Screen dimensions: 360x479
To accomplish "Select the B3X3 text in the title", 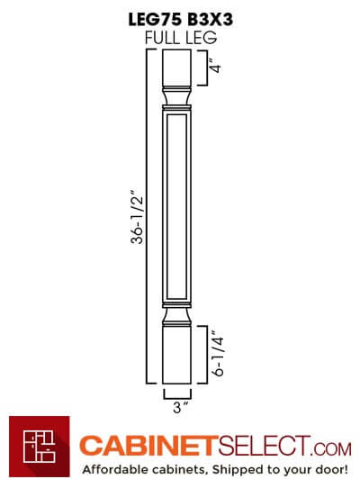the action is click(x=211, y=20).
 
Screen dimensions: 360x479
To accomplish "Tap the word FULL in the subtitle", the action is click(x=162, y=38).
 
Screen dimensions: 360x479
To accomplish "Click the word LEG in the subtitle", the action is click(x=202, y=38).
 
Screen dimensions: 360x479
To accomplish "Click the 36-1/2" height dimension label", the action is click(x=137, y=217).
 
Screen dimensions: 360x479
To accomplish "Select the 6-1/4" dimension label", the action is click(x=219, y=353).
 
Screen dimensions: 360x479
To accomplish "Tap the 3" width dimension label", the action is click(x=181, y=407).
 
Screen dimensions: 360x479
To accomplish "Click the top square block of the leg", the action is click(x=176, y=68).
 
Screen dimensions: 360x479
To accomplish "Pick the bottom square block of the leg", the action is click(x=176, y=356).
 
